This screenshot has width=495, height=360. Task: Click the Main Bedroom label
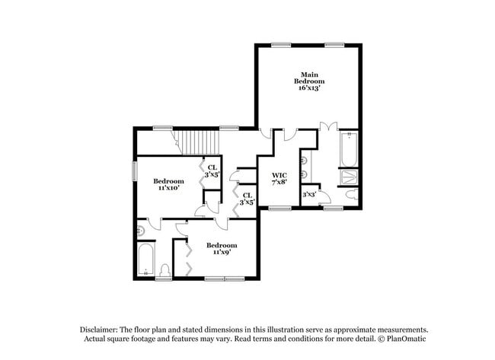click(x=310, y=77)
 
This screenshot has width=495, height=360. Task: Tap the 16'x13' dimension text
click(x=310, y=88)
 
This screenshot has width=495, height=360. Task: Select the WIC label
click(x=279, y=175)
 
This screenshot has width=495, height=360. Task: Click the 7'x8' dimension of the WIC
click(x=279, y=183)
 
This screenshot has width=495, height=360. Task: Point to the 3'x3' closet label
click(x=309, y=195)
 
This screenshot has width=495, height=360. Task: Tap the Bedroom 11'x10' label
click(x=168, y=184)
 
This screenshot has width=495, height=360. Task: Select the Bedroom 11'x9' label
click(x=222, y=248)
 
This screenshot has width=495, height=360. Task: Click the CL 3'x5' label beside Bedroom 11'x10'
click(x=212, y=171)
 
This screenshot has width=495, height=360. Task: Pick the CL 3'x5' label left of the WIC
click(x=247, y=199)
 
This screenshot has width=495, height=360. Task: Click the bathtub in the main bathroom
click(x=349, y=149)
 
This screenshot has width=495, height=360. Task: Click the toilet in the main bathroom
click(x=352, y=196)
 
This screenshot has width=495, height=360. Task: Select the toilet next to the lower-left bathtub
click(x=166, y=270)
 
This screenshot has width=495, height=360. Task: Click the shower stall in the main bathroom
click(x=349, y=177)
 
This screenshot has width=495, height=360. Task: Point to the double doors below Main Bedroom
click(x=327, y=126)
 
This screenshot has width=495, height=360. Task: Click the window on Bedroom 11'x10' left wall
click(x=136, y=169)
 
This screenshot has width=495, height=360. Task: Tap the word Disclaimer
click(x=99, y=329)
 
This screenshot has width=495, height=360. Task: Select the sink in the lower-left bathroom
click(x=140, y=230)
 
